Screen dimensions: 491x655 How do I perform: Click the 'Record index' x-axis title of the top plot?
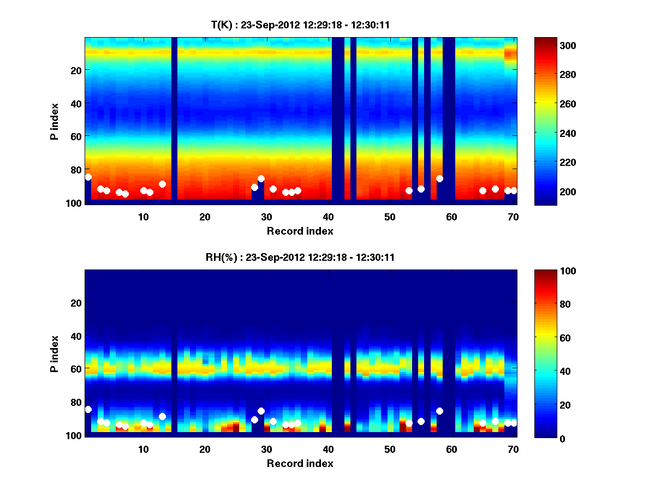300,231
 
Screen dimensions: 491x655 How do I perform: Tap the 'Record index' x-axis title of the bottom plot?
300,463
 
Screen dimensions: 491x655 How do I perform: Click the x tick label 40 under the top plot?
328,217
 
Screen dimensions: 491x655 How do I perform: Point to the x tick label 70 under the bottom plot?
513,449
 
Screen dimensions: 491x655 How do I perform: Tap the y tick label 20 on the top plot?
75,70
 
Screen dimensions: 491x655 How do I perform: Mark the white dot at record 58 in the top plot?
439,178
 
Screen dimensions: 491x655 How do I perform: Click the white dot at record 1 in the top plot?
88,177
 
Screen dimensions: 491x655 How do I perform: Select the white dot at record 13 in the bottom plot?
162,416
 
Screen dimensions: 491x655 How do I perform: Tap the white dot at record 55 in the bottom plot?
421,421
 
